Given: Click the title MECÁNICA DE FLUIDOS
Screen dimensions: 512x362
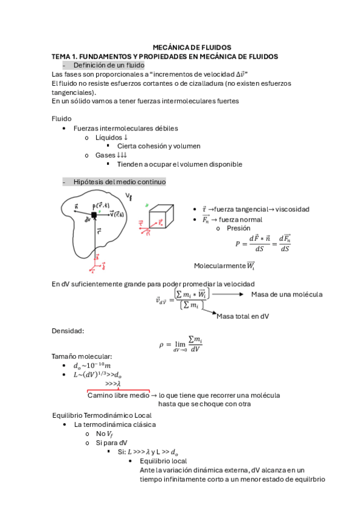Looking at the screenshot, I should tap(192, 47).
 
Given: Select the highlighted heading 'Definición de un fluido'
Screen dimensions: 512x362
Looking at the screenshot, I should tap(108, 65).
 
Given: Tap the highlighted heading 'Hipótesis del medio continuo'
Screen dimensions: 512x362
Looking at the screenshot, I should tap(119, 182).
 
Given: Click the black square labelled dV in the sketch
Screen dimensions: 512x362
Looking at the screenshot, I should tap(94, 215).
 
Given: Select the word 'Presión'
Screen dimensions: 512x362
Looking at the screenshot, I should tap(238, 229).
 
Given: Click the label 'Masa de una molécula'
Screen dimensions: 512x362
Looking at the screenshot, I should tap(286, 294).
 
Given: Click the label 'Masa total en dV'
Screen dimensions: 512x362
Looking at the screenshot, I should tap(247, 316).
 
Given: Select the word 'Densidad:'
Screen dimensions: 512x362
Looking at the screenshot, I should tap(68, 331).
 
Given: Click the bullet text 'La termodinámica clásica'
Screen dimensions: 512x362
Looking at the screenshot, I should tap(114, 424).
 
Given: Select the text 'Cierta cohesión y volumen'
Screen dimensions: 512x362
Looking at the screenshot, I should tap(158, 146).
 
